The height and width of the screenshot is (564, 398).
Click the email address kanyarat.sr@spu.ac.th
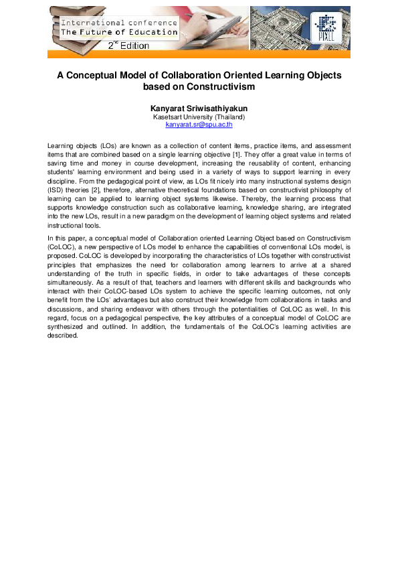[199, 125]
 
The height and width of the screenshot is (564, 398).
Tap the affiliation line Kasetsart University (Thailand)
[199, 117]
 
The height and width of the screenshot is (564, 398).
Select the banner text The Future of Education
[120, 31]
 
